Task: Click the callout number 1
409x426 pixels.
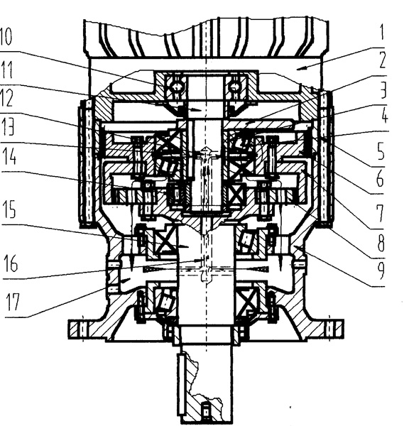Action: point(382,33)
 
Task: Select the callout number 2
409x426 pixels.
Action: point(382,60)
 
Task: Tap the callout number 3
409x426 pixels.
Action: point(383,90)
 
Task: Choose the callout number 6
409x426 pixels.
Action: point(380,179)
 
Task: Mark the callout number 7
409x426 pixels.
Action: point(380,214)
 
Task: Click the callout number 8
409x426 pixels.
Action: point(381,244)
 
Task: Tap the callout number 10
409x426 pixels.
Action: point(6,37)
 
